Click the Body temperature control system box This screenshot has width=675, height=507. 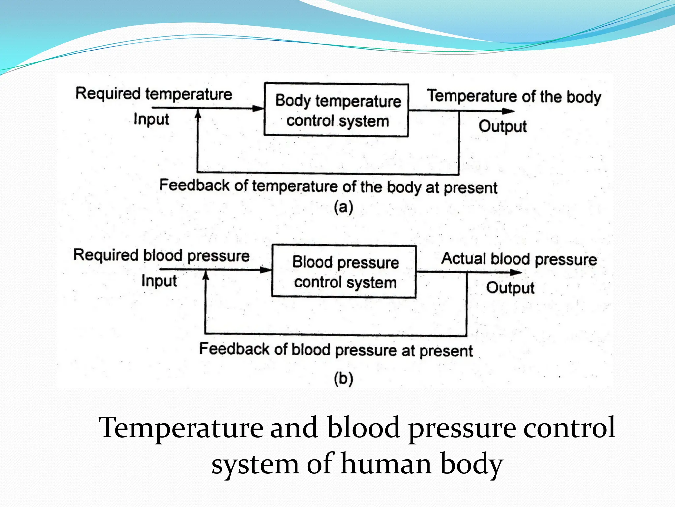[x=337, y=110]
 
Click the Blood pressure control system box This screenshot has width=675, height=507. [x=344, y=271]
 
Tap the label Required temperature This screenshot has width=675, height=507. [x=154, y=94]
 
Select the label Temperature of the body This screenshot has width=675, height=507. [x=514, y=96]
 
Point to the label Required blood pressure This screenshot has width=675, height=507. [x=161, y=255]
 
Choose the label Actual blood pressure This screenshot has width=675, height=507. [x=519, y=259]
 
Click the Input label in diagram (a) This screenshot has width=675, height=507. [x=151, y=119]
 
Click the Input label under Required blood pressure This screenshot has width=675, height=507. [x=159, y=281]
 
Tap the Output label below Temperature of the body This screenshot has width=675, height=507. [x=503, y=126]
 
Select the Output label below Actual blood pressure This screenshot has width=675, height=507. [x=510, y=288]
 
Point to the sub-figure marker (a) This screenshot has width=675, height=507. [x=343, y=207]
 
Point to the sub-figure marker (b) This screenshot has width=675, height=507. [x=343, y=378]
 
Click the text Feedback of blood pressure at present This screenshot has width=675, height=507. [x=336, y=350]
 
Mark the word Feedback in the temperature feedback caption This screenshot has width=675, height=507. [x=194, y=185]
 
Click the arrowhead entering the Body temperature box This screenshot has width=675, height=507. [x=259, y=108]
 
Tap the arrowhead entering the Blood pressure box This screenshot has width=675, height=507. [x=266, y=270]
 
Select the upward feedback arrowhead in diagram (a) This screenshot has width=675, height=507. [x=198, y=114]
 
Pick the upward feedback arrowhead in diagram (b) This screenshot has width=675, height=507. [x=206, y=276]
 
